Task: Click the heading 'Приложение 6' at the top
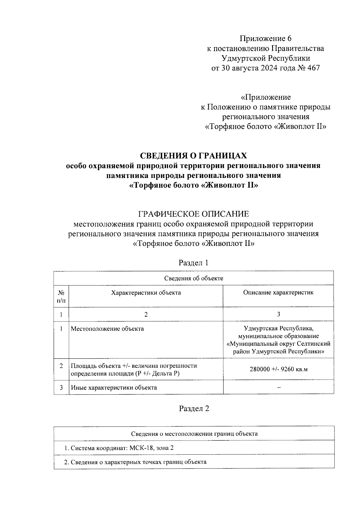(265, 38)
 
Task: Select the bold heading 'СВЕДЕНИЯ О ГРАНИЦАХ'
(193, 155)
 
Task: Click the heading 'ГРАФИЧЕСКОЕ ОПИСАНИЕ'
(193, 214)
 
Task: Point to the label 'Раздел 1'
(193, 263)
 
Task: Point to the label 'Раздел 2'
(194, 408)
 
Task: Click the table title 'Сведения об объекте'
(193, 278)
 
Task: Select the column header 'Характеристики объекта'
(146, 293)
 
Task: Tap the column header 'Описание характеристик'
(278, 292)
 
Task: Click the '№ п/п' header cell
(61, 296)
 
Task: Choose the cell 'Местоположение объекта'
(107, 329)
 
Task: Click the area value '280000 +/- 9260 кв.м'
(278, 369)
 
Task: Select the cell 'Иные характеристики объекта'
(114, 387)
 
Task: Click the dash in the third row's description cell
(278, 387)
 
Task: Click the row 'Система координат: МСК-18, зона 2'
(119, 448)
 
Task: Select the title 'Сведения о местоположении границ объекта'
(194, 434)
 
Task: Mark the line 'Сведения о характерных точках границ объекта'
(135, 462)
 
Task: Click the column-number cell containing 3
(278, 314)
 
